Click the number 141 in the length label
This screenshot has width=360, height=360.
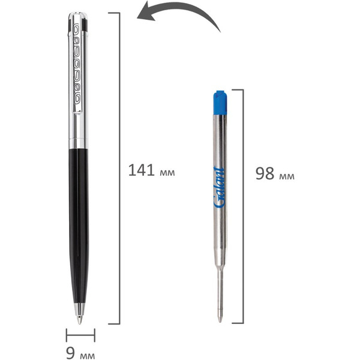[x=141, y=170]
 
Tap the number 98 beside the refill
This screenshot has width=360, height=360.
[x=265, y=173]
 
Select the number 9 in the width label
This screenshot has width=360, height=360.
[x=71, y=353]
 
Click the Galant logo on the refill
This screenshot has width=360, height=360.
[x=219, y=187]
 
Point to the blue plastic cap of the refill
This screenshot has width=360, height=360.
[x=220, y=103]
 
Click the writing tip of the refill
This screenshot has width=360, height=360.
[x=220, y=320]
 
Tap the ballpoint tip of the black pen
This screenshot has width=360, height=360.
[x=79, y=322]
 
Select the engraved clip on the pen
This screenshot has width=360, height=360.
[x=77, y=68]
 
